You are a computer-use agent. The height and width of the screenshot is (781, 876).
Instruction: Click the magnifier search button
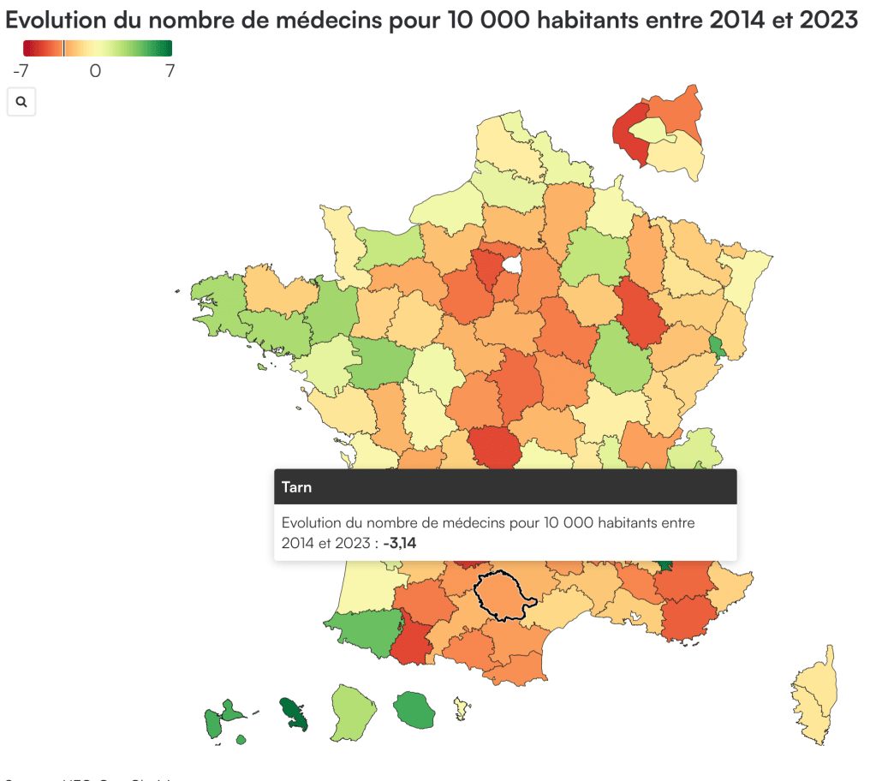pos(21,102)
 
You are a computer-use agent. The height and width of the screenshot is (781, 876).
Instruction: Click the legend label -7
pos(21,71)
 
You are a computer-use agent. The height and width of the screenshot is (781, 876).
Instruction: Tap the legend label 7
pos(170,71)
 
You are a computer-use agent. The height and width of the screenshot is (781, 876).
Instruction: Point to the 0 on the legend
pos(95,71)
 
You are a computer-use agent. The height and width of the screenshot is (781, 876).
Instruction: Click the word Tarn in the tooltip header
pos(296,487)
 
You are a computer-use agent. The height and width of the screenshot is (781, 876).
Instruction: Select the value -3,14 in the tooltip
pos(402,542)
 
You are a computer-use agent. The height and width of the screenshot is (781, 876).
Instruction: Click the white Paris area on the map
pos(511,265)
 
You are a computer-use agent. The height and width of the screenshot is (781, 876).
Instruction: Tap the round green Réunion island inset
pos(414,709)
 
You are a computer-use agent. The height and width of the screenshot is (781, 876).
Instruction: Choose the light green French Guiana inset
pos(353,712)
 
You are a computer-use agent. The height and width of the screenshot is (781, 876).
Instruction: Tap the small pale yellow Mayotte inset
pos(462,708)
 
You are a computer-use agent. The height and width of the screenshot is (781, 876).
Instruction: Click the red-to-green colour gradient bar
pos(98,48)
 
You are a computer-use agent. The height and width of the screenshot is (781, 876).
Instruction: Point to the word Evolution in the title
pos(59,20)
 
